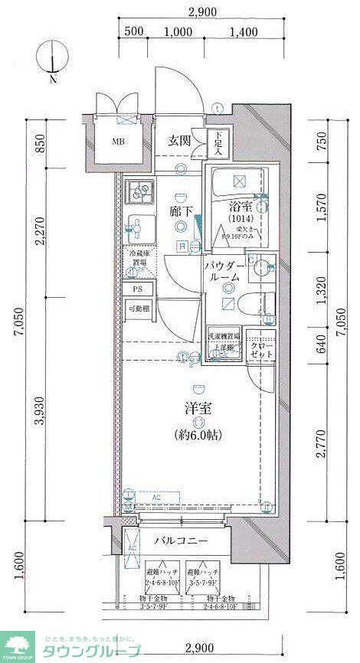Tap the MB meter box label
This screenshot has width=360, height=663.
(118, 142)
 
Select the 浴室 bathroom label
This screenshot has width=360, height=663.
(241, 205)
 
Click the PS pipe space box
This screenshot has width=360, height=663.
(137, 289)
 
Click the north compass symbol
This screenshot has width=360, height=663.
(51, 60)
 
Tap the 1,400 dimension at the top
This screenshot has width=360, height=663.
(243, 31)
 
